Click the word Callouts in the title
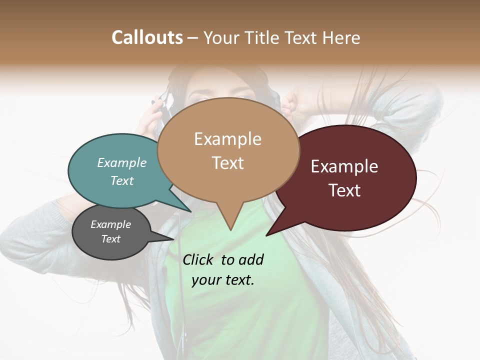tap(147, 37)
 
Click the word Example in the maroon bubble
tap(344, 166)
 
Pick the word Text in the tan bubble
tap(228, 163)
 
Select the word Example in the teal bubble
tap(122, 162)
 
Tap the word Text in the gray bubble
tap(111, 239)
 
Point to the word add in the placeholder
tap(251, 259)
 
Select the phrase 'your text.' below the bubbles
tap(223, 280)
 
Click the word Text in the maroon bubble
tap(344, 190)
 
